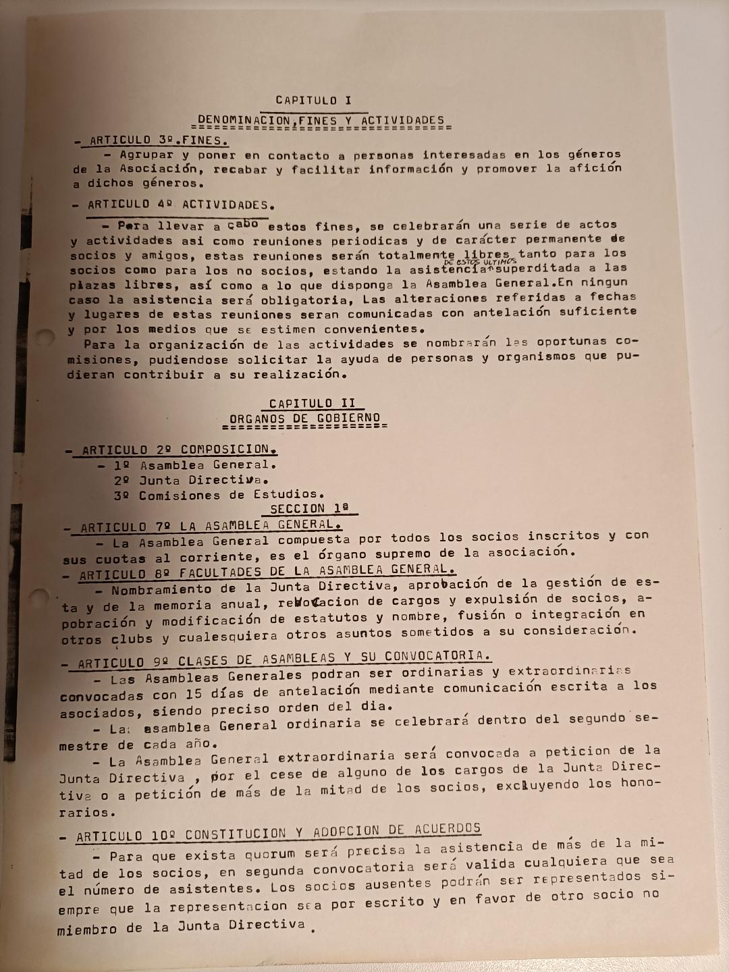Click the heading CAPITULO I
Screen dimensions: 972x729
pos(314,101)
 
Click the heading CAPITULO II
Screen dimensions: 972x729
pos(312,404)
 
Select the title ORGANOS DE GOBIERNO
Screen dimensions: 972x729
pos(304,419)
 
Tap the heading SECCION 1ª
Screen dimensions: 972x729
pos(310,509)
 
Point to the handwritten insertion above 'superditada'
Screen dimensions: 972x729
pos(480,262)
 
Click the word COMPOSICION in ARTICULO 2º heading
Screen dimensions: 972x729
pos(226,450)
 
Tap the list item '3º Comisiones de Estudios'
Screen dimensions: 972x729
pos(219,495)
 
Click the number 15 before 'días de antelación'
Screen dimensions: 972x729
pos(194,693)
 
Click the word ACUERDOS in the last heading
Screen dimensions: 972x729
pos(448,830)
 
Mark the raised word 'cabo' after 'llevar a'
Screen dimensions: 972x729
pos(242,223)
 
